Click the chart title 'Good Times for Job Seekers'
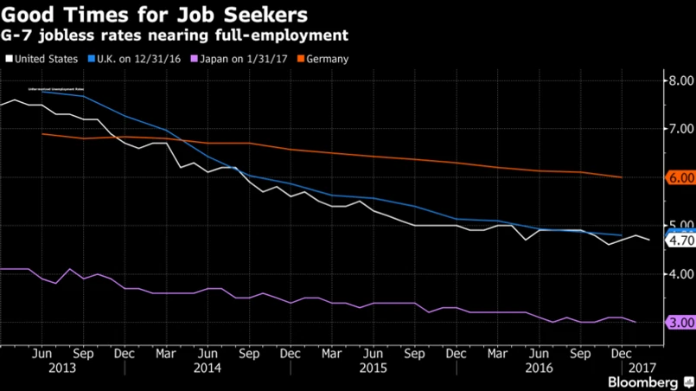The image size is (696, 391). [x=155, y=15]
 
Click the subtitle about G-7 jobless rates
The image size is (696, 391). [x=177, y=36]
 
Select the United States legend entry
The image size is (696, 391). [x=45, y=59]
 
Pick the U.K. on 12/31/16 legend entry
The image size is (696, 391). [x=134, y=59]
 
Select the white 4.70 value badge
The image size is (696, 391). [x=678, y=241]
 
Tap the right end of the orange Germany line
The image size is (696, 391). [x=622, y=177]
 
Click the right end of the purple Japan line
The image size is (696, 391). [x=635, y=322]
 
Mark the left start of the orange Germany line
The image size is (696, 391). [x=42, y=133]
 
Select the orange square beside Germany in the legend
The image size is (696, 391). [x=301, y=59]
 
